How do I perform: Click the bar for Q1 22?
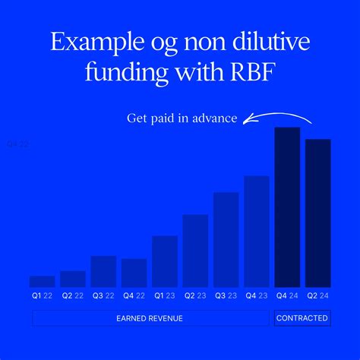tap(42, 281)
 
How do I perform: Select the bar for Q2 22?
tap(72, 278)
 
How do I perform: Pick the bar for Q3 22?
tap(103, 270)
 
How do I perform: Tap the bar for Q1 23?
tap(165, 261)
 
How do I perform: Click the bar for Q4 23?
tap(257, 231)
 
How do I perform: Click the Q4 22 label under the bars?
tap(134, 295)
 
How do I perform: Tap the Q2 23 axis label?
tap(195, 295)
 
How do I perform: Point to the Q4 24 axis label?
tap(287, 295)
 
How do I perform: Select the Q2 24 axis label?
tap(317, 295)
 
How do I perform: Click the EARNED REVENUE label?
tap(150, 318)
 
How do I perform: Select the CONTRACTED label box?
tap(302, 318)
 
